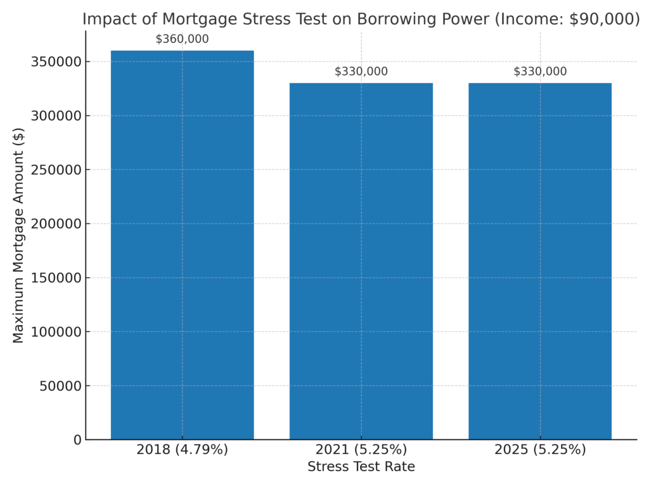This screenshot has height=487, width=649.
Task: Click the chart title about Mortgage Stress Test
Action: [x=361, y=19]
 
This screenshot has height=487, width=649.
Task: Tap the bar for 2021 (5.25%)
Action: [x=361, y=261]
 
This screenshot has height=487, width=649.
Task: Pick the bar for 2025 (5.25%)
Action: [x=540, y=261]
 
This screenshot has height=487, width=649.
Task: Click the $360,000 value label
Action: [x=182, y=39]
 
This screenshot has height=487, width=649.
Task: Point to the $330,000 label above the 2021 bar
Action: [x=361, y=72]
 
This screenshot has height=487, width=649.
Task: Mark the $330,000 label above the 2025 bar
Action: [x=540, y=72]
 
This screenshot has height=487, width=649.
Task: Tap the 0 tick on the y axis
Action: [x=77, y=439]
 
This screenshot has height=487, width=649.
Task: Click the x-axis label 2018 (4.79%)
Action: [x=182, y=450]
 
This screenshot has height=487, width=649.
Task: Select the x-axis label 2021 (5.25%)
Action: [x=361, y=450]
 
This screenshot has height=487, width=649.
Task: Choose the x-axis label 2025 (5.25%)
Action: [x=540, y=450]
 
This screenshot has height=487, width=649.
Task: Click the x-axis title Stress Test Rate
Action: [x=361, y=467]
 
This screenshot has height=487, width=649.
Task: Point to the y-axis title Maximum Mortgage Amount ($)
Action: [x=18, y=235]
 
